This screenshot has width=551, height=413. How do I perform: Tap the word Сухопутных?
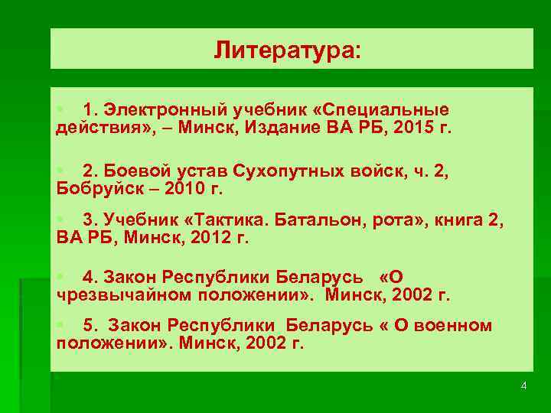click(x=266, y=172)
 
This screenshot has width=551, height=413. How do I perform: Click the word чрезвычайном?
click(x=122, y=294)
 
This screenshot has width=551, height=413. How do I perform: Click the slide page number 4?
click(x=523, y=385)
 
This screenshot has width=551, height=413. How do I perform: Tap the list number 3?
click(x=89, y=220)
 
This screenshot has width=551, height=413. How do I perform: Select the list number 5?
click(x=89, y=326)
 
